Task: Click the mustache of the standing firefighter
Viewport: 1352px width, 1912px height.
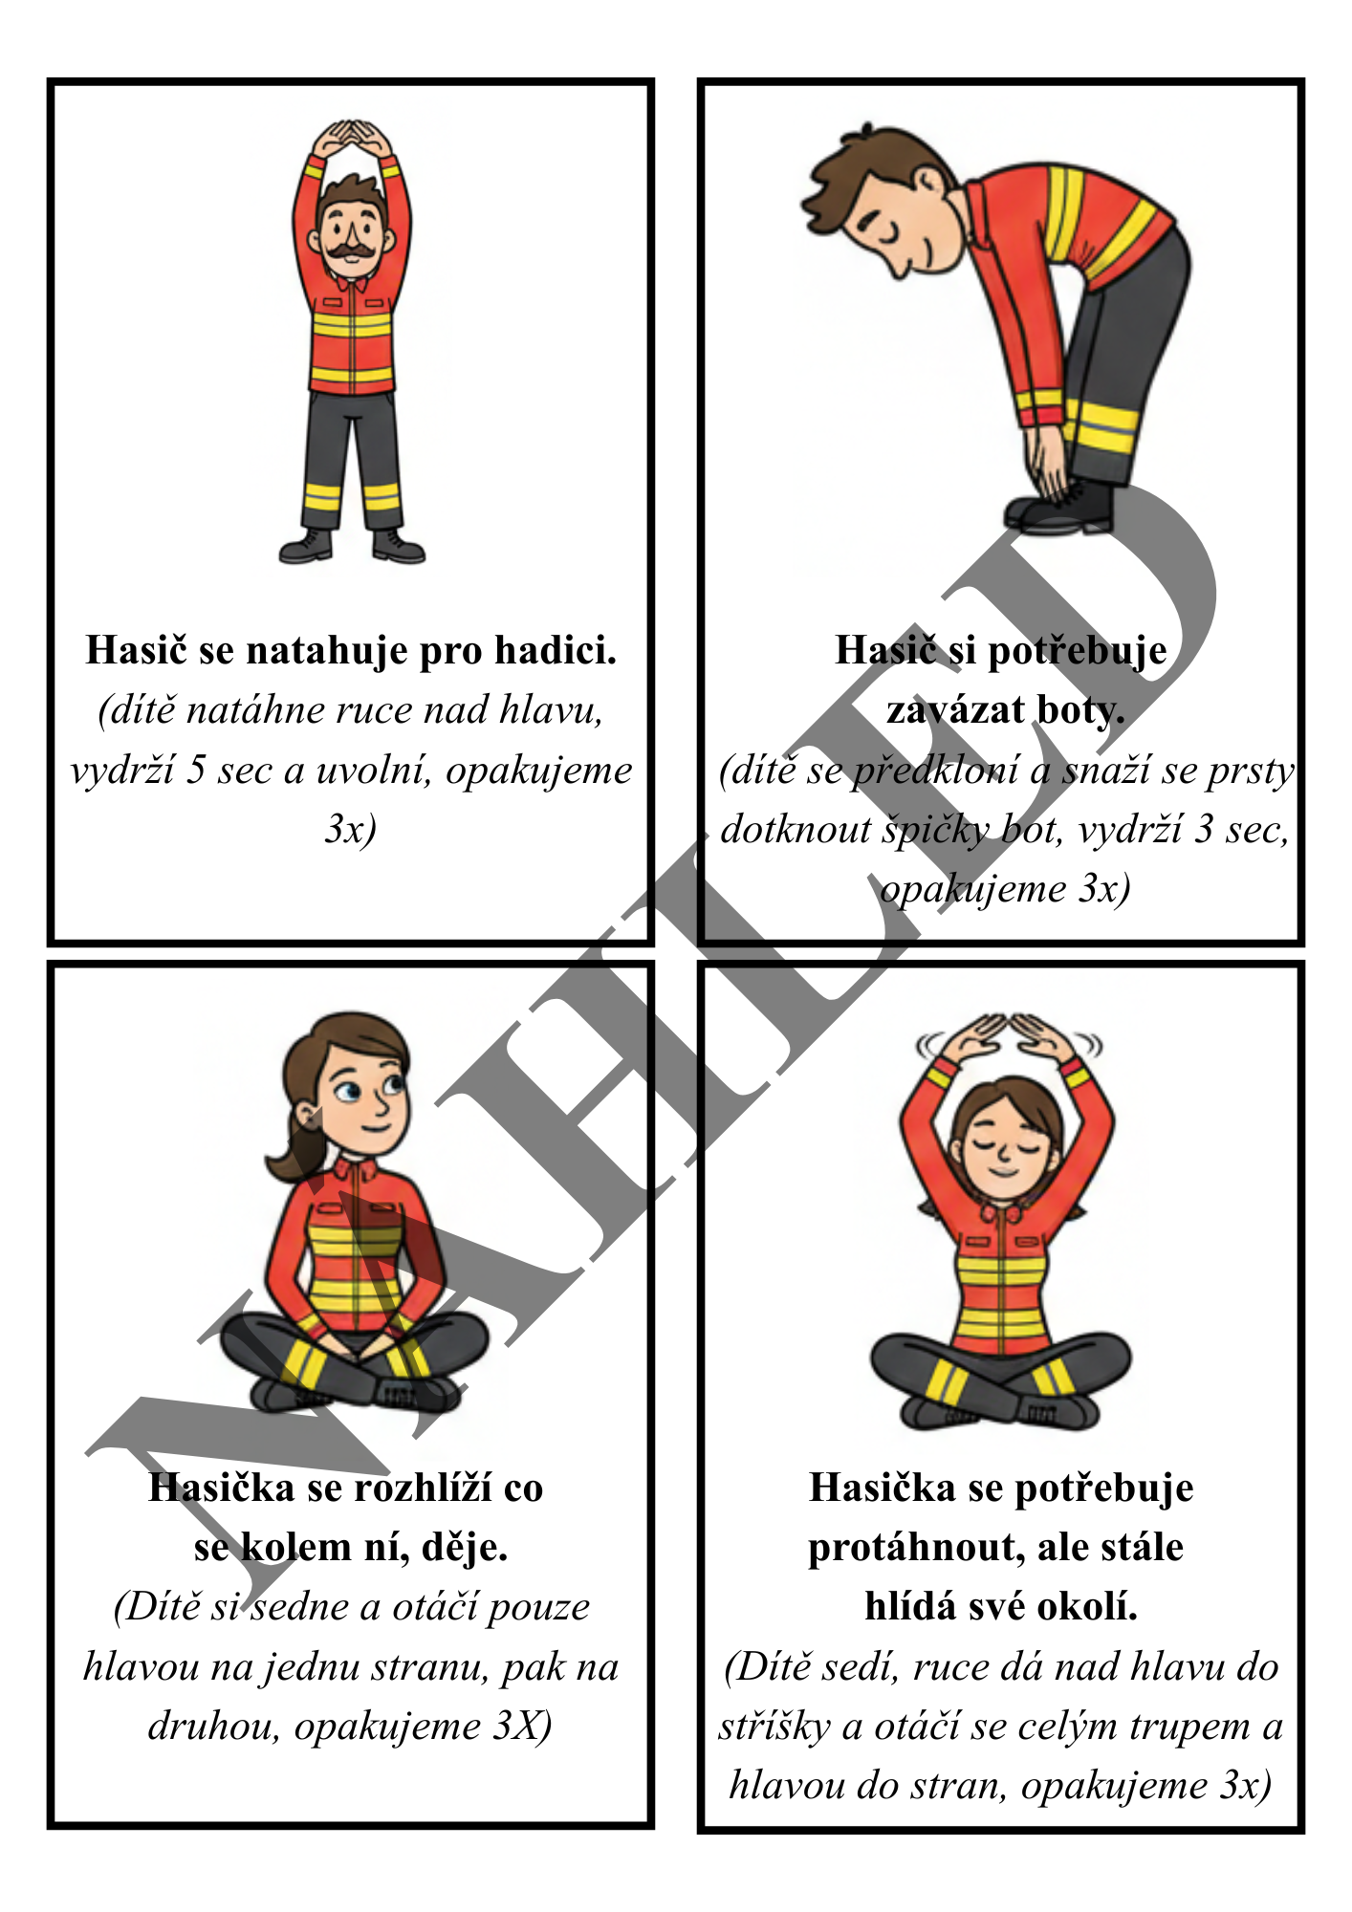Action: coord(351,250)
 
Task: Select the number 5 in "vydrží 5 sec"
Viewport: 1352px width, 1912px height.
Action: coord(196,771)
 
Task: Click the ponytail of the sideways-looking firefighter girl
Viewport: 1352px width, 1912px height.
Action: coord(291,1143)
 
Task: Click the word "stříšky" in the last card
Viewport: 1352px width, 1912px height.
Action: coord(774,1727)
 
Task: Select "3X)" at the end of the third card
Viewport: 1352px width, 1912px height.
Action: coord(522,1727)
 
